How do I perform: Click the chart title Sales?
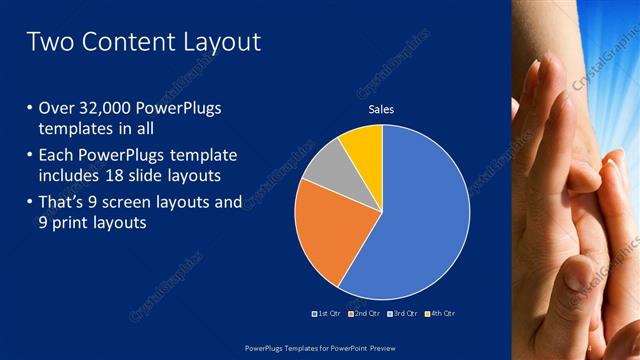click(382, 109)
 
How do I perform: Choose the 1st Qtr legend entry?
click(328, 314)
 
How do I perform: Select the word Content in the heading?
click(132, 42)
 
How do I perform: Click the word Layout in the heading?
click(224, 42)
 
